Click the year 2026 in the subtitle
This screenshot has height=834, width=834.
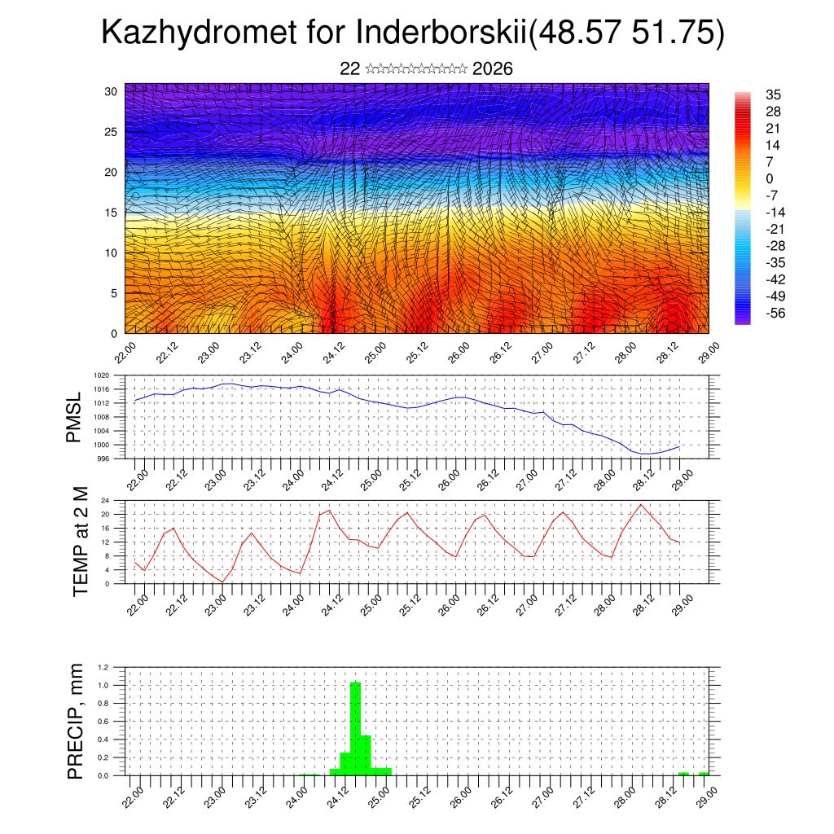click(x=492, y=68)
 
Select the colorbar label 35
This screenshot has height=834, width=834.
click(x=773, y=95)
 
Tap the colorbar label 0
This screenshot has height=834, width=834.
click(x=770, y=178)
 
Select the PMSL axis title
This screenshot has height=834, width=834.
click(x=74, y=417)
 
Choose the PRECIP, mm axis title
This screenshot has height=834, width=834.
click(x=76, y=720)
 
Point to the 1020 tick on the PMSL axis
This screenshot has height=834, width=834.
click(x=101, y=375)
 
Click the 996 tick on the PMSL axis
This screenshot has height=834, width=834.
click(x=103, y=459)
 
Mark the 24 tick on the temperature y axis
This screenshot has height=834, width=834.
click(x=105, y=500)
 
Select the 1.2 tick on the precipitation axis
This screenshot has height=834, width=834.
click(x=103, y=667)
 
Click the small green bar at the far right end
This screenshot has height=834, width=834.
click(x=703, y=774)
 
